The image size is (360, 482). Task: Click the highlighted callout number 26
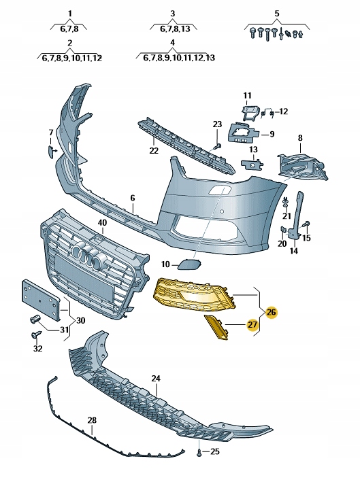[x=272, y=312]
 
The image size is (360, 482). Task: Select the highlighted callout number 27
[x=252, y=325]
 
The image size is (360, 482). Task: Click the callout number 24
[x=156, y=378]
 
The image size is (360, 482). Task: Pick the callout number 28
[x=92, y=421]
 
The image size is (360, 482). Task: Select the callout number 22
[x=154, y=150]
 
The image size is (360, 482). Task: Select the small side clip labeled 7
[x=51, y=150]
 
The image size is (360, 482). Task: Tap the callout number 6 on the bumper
[x=133, y=198]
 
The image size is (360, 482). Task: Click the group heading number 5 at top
[x=276, y=14]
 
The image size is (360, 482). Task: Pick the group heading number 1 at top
[x=69, y=14]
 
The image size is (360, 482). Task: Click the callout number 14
[x=293, y=251]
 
